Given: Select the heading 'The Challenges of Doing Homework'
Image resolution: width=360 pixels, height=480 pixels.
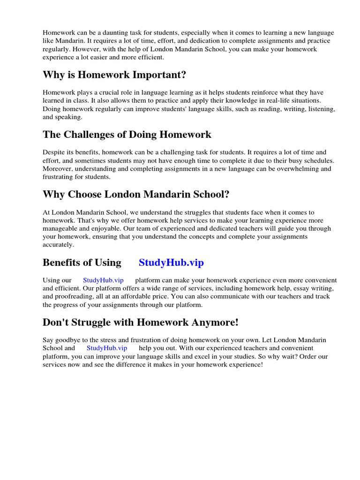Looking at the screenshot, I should [x=127, y=135].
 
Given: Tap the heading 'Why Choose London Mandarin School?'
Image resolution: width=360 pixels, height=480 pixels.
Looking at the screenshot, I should [x=136, y=194].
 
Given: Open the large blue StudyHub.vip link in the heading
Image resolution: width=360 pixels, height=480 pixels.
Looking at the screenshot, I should [x=171, y=262].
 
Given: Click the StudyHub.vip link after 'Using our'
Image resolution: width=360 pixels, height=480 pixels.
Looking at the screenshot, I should [x=103, y=280].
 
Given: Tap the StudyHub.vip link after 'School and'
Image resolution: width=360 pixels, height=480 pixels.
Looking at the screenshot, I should [x=107, y=348].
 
